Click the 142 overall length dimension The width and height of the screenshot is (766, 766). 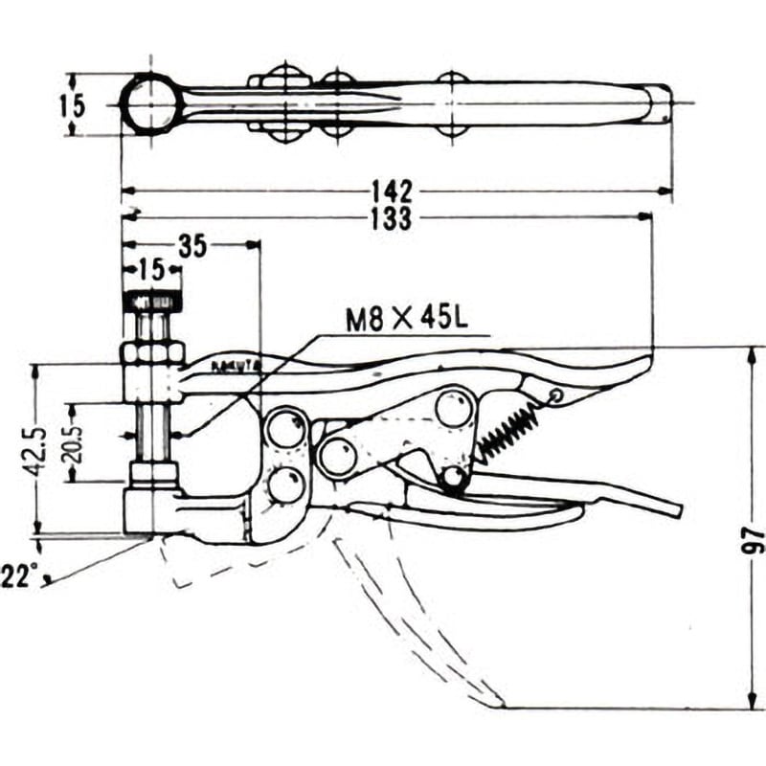[394, 189]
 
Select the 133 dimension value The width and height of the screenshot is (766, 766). [394, 219]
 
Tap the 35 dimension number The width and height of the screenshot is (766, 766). [192, 246]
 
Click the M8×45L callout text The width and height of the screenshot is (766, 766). [406, 319]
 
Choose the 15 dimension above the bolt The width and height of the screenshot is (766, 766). [153, 268]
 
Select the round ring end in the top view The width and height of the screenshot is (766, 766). [152, 102]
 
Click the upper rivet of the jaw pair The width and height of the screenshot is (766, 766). [285, 428]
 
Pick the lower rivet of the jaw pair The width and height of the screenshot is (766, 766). [284, 484]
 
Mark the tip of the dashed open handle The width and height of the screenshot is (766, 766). [498, 705]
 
